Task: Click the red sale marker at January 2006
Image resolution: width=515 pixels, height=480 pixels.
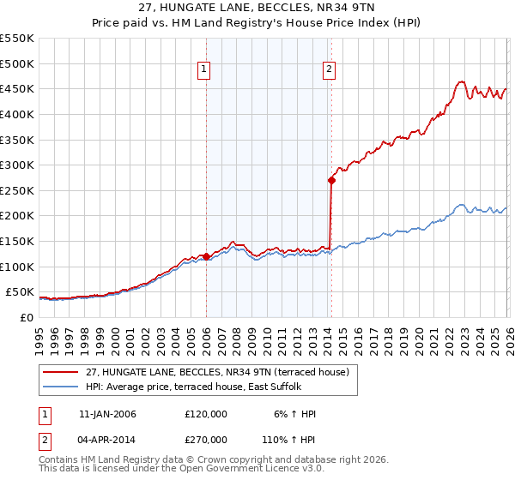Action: tap(206, 255)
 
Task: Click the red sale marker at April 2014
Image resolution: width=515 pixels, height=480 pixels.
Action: tap(330, 180)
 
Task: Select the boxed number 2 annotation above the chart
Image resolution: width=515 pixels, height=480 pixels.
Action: tap(330, 71)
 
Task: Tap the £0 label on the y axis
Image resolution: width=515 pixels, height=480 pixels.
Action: tap(27, 317)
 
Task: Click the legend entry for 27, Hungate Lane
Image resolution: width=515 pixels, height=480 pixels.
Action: tap(217, 372)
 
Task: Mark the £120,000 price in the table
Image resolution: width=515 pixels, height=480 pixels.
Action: tap(205, 414)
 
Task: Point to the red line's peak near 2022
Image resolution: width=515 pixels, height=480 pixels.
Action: tap(461, 81)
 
